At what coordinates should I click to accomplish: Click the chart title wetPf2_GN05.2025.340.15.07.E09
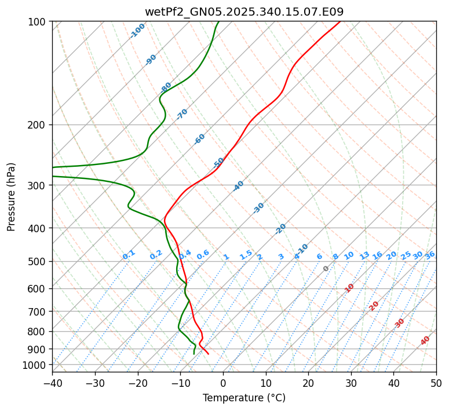tap(244, 12)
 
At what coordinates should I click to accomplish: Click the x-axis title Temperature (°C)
tap(244, 398)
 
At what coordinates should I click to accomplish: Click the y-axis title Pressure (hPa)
tap(12, 197)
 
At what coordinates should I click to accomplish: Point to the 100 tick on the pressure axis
tap(38, 22)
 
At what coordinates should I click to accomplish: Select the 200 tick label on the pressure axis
tap(38, 125)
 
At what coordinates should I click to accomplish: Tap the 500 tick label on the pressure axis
tap(38, 261)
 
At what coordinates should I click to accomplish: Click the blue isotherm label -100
tap(138, 31)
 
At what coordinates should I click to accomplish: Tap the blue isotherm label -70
tap(182, 114)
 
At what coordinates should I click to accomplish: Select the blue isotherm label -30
tap(258, 208)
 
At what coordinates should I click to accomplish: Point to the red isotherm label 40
tap(425, 341)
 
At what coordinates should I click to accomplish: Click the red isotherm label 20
tap(374, 305)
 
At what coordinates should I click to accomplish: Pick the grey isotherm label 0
tap(326, 269)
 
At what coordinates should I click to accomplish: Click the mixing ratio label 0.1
tap(129, 255)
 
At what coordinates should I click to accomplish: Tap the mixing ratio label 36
tap(430, 255)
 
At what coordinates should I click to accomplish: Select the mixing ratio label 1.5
tap(246, 255)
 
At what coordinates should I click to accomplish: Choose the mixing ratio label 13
tap(364, 255)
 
